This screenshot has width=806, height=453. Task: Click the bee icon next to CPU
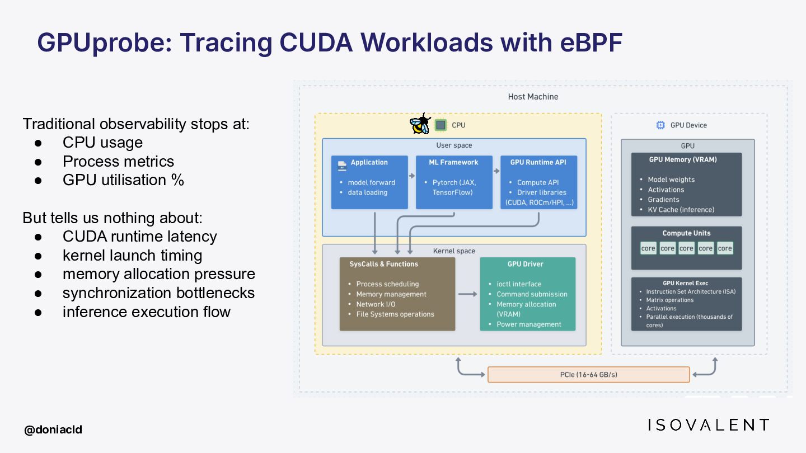click(x=420, y=124)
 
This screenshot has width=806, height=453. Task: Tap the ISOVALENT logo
click(x=708, y=425)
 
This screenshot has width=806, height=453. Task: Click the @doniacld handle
click(x=53, y=430)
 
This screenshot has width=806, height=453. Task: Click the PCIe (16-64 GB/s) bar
click(x=588, y=375)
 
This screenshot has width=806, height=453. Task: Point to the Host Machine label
click(x=533, y=97)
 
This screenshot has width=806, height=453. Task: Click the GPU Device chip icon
click(x=660, y=125)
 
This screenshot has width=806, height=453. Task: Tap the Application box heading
click(x=369, y=162)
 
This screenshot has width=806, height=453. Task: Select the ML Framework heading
click(x=453, y=162)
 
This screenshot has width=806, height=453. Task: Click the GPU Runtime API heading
click(x=538, y=162)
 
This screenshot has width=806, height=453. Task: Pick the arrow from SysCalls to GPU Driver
click(x=467, y=294)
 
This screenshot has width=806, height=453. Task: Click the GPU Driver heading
click(x=526, y=264)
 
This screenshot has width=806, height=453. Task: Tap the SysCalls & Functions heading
click(x=383, y=264)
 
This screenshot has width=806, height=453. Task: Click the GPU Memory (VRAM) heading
click(x=683, y=159)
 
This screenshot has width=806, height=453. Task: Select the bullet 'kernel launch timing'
click(x=133, y=256)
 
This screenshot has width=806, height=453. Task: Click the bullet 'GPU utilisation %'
click(x=123, y=180)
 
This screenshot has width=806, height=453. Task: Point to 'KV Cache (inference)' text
click(x=681, y=210)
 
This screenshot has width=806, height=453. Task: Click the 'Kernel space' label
click(x=454, y=251)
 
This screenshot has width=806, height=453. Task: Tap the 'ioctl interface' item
click(x=519, y=284)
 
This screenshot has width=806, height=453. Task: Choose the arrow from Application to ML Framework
click(x=412, y=176)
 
